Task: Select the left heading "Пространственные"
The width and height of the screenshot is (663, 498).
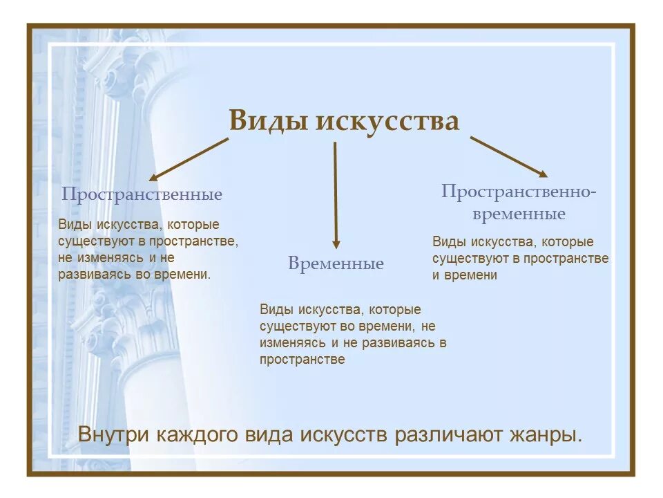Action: click(142, 194)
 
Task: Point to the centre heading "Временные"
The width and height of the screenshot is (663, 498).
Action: click(336, 264)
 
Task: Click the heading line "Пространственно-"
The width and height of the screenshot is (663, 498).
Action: click(519, 192)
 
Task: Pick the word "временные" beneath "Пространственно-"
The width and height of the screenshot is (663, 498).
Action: click(519, 214)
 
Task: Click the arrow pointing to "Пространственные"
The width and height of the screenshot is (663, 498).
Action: click(188, 159)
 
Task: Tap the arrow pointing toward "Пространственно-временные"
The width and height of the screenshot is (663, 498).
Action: click(509, 156)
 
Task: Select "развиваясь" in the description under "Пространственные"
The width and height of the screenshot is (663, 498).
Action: click(93, 275)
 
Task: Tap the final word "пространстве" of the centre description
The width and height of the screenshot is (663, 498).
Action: click(302, 360)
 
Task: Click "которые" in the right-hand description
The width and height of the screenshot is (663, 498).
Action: click(567, 242)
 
